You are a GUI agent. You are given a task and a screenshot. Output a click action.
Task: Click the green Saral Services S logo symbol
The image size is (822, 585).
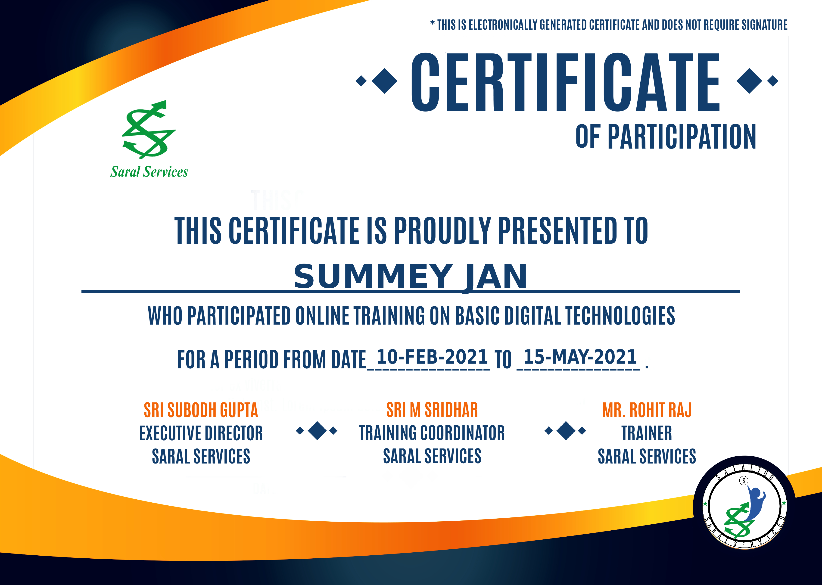pyautogui.click(x=149, y=129)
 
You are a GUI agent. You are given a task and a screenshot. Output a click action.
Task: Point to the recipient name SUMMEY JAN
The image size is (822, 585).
pyautogui.click(x=411, y=277)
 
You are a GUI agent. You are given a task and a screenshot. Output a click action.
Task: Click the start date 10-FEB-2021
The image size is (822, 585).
pyautogui.click(x=432, y=357)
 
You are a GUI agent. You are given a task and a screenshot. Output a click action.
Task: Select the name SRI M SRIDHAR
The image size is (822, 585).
pyautogui.click(x=432, y=410)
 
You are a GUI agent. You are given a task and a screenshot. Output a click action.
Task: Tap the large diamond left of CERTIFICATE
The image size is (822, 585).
pyautogui.click(x=384, y=81)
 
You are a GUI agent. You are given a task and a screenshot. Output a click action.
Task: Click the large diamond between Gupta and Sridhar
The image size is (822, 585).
pyautogui.click(x=317, y=430)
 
